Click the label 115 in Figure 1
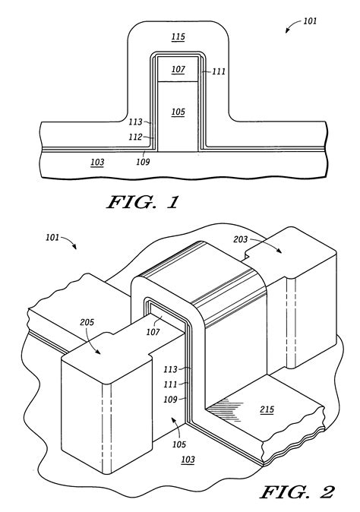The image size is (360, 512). pyautogui.click(x=178, y=36)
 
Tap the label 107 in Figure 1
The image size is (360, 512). pyautogui.click(x=178, y=69)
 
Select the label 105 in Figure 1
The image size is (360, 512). pyautogui.click(x=178, y=112)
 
